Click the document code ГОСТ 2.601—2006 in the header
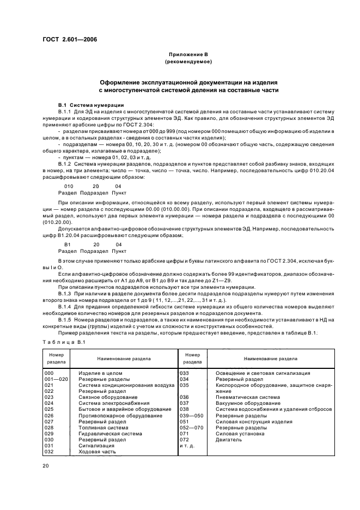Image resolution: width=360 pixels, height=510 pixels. pyautogui.click(x=66, y=39)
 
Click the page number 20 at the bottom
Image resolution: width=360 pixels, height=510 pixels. pyautogui.click(x=46, y=466)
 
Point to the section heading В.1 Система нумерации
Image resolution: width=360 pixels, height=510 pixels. pyautogui.click(x=91, y=105)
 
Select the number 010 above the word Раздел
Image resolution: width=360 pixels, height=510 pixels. pyautogui.click(x=69, y=186)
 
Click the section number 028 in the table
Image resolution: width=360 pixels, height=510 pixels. pyautogui.click(x=49, y=428)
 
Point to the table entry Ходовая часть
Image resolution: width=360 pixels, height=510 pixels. pyautogui.click(x=97, y=452)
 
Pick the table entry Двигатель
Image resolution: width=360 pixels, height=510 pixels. pyautogui.click(x=229, y=440)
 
